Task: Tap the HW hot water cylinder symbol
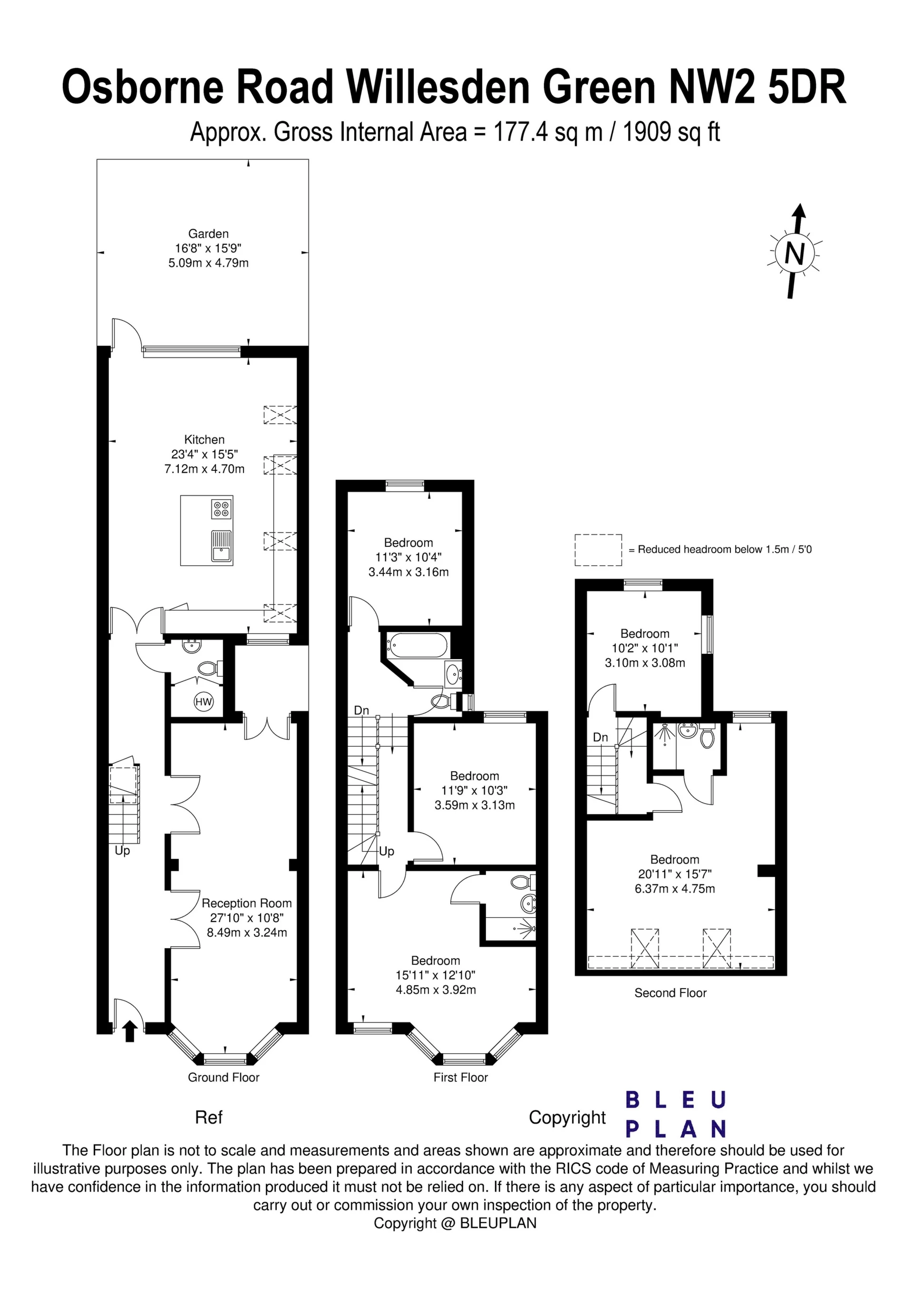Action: [203, 702]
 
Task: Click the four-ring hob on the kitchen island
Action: [222, 509]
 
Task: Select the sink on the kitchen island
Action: [221, 546]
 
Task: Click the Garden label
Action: [208, 233]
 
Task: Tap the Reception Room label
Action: [246, 903]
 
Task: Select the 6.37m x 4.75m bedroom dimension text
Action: [674, 889]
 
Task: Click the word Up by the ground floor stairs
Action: [122, 850]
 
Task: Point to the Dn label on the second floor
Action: [601, 737]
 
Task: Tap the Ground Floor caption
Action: [223, 1077]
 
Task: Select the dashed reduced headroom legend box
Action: [598, 550]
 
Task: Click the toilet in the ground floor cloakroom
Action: [209, 669]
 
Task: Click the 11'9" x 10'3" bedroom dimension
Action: [475, 791]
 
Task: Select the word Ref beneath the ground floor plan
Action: [209, 1117]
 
